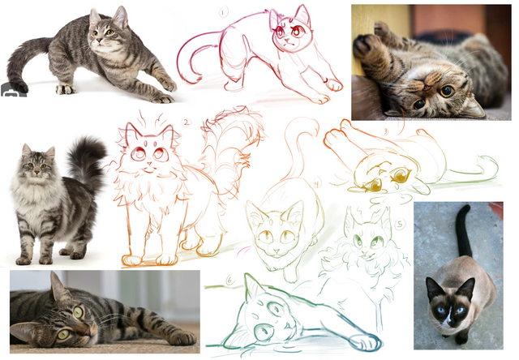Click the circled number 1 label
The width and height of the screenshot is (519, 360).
point(224,13)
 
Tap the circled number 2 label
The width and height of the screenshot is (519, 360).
point(187,122)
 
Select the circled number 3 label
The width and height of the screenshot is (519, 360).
point(385,131)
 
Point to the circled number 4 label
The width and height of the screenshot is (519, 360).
point(317,183)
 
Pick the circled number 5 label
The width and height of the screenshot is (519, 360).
point(400,225)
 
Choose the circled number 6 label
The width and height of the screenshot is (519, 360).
point(229,281)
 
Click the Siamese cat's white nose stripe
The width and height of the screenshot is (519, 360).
point(448,315)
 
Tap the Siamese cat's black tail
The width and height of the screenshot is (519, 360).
point(464,231)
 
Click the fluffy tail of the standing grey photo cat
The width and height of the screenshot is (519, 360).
point(87,163)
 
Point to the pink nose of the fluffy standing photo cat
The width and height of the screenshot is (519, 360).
point(36,173)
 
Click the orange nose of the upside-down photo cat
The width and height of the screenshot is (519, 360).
point(427,87)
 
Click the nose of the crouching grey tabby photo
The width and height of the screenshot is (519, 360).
point(99,40)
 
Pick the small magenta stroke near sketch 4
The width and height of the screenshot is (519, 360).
point(243,251)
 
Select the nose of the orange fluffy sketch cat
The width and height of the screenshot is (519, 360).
point(149,163)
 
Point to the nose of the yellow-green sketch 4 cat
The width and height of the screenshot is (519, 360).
point(277,251)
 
